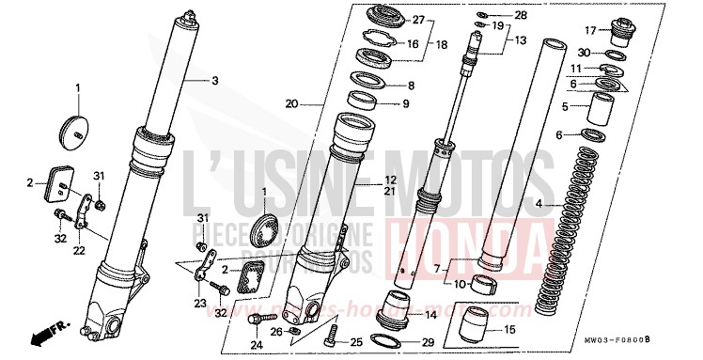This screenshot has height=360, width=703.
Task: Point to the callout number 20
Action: click(291, 103)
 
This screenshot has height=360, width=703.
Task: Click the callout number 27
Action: click(418, 20)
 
